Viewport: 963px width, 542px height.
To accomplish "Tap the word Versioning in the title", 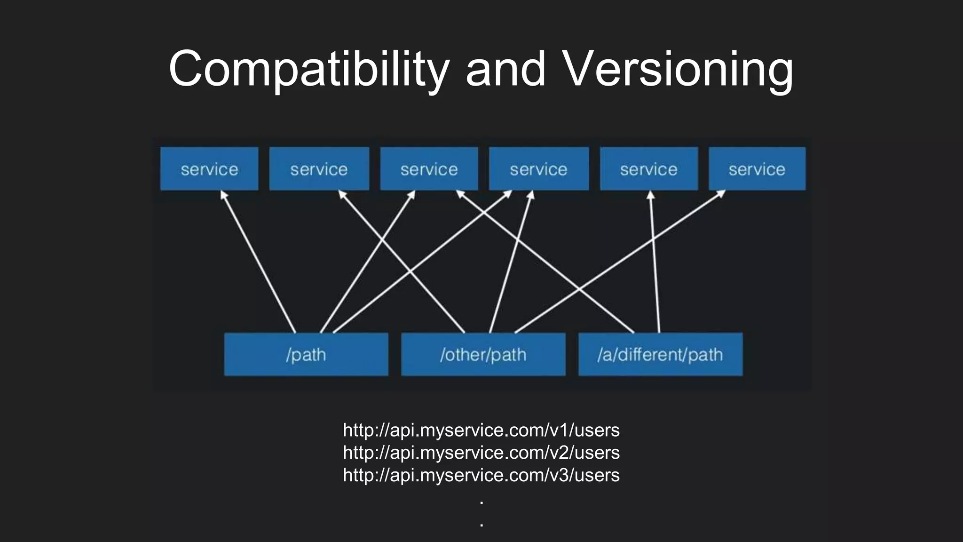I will tap(678, 70).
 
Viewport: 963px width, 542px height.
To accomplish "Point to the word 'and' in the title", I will tap(505, 70).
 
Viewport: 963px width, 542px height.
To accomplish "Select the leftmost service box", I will tap(209, 169).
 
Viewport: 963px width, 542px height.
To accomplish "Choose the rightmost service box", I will tap(757, 169).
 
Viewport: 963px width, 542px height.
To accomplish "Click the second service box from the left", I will tap(319, 169).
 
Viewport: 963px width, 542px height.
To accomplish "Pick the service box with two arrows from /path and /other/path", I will tap(539, 169).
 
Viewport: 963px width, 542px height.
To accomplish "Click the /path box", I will tap(306, 354).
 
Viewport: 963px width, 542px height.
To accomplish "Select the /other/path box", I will tap(483, 354).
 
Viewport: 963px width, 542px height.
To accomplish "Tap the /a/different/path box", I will tap(660, 354).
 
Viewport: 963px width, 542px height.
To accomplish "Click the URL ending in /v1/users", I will tap(481, 430).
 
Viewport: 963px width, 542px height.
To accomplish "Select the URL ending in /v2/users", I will tap(481, 453).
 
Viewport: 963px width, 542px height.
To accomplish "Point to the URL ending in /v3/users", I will tap(481, 475).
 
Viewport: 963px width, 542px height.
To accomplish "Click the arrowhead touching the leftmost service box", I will tap(223, 194).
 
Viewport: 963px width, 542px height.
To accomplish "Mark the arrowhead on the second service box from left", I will tap(342, 194).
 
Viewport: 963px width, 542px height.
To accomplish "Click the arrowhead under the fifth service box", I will tap(651, 195).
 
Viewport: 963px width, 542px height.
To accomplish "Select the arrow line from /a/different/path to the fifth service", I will tap(655, 263).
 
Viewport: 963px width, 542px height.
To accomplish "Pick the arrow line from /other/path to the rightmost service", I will tap(621, 262).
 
